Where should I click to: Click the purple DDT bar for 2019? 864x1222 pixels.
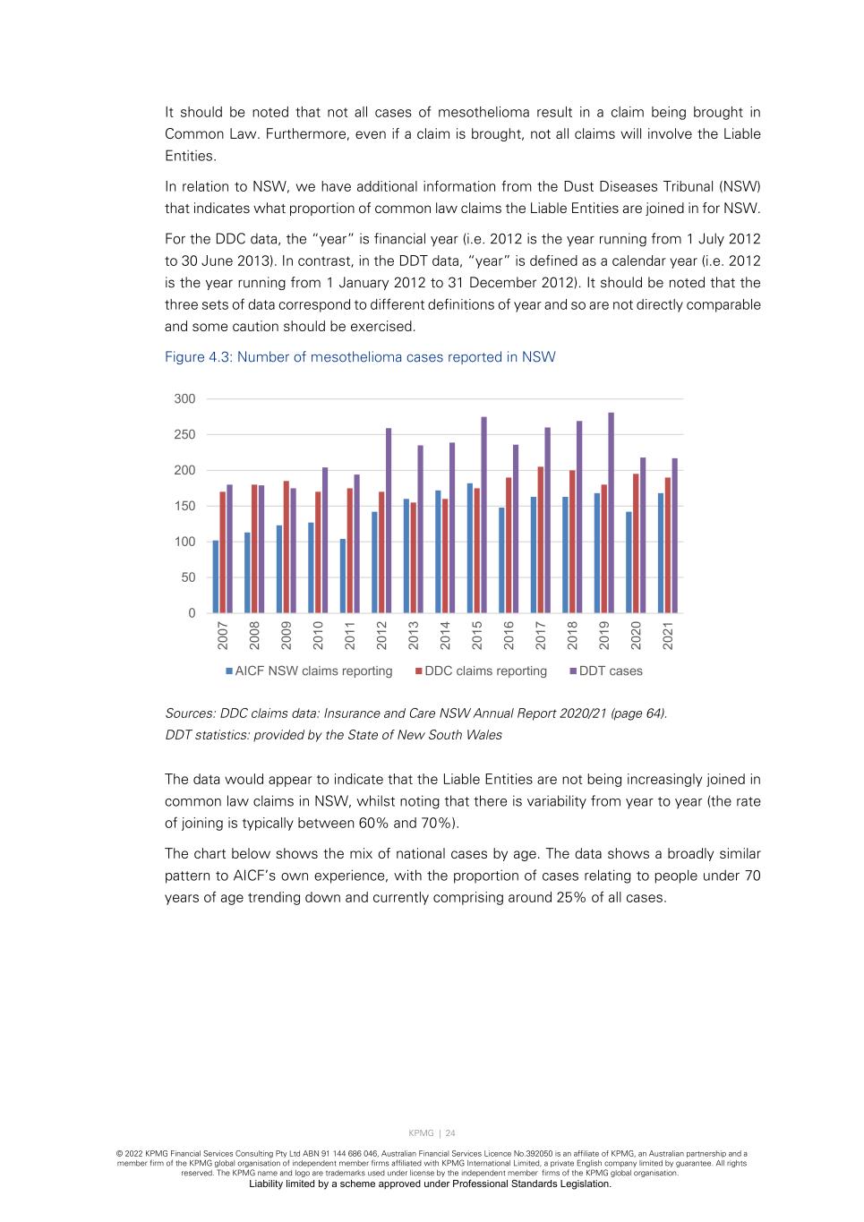pos(611,513)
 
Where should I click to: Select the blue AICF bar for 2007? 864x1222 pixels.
pos(216,577)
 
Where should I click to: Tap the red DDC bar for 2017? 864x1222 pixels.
pos(541,540)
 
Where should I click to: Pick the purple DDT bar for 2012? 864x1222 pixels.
pos(389,520)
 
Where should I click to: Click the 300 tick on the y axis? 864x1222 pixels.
pos(184,398)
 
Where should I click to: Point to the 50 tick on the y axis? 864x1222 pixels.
pos(188,577)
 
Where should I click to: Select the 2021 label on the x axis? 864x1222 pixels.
pos(668,636)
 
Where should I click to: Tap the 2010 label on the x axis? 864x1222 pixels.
pos(318,636)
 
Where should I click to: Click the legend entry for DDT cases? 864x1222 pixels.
pos(605,671)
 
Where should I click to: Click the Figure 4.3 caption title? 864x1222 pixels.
pos(360,357)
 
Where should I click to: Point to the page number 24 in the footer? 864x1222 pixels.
pos(450,1133)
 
